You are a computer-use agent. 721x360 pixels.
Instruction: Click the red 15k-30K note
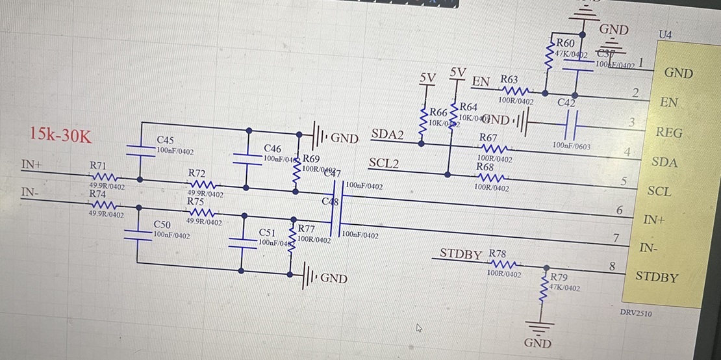pos(60,135)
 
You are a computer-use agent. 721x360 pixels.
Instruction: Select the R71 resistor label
pos(98,166)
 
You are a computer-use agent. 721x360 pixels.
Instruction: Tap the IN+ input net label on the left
pos(31,165)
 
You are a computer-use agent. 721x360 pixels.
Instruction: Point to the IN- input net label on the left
pos(29,192)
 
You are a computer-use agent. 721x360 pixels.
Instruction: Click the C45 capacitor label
pos(165,140)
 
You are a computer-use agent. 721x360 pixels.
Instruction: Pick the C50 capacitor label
pos(162,225)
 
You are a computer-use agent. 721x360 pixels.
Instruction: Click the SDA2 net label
pos(387,135)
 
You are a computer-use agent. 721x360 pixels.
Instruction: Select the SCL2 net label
pos(383,162)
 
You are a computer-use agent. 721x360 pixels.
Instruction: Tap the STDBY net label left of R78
pos(461,253)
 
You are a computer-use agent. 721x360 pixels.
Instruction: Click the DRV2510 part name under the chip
pos(636,313)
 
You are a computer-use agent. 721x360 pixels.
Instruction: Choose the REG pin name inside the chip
pos(669,133)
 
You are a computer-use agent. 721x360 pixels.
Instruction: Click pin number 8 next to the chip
pos(612,265)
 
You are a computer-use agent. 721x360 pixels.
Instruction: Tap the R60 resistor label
pos(565,43)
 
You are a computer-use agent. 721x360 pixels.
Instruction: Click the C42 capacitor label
pos(566,102)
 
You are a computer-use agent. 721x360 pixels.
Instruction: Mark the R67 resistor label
pos(488,138)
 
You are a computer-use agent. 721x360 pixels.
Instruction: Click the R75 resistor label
pos(196,202)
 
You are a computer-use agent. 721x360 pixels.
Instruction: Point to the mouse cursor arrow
pos(420,328)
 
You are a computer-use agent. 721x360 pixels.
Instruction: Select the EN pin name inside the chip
pos(668,103)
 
